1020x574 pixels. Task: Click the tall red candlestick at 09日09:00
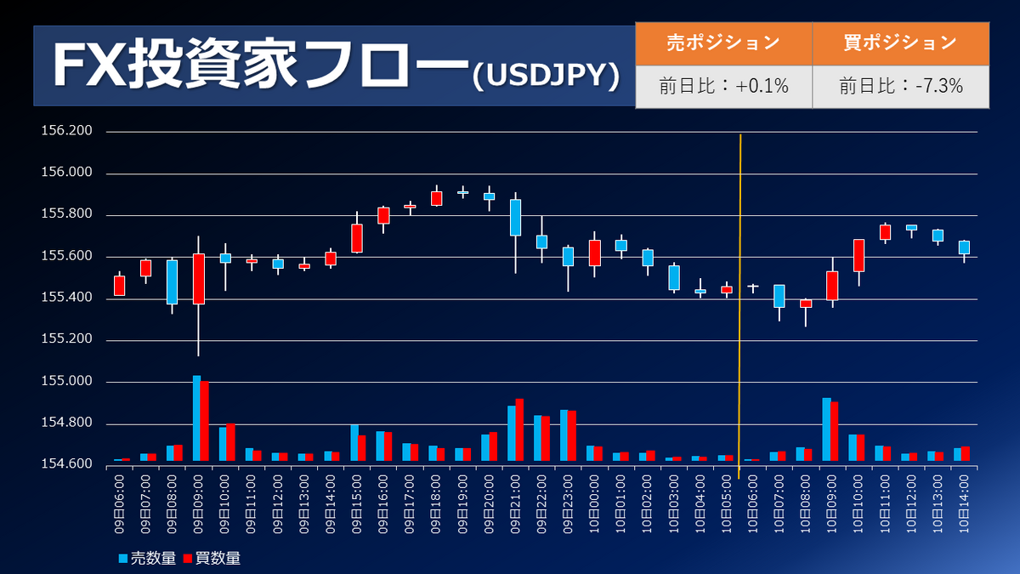(199, 278)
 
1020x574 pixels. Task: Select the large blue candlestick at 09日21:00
(515, 218)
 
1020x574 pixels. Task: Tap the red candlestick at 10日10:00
(858, 255)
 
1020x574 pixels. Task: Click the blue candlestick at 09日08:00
(172, 281)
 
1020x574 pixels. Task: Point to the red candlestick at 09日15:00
(357, 238)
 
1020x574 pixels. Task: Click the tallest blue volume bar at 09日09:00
(196, 418)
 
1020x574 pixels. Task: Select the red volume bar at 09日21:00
(519, 429)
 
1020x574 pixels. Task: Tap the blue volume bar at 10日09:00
(826, 429)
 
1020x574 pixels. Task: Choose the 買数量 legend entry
(212, 559)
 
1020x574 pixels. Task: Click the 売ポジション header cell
(723, 43)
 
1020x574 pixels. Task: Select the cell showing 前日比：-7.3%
(900, 86)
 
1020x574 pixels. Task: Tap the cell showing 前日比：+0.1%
(723, 86)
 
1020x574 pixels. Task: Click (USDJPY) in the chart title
(544, 76)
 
